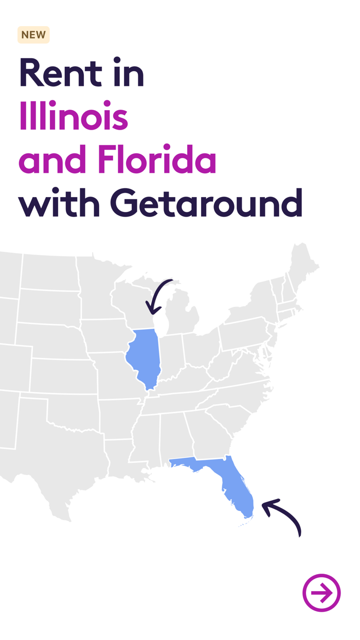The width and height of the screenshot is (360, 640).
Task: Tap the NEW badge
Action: point(33,35)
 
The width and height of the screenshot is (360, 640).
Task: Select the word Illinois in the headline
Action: point(73,116)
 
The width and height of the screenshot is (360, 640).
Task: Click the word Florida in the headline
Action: point(157,160)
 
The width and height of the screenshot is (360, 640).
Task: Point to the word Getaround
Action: point(206,203)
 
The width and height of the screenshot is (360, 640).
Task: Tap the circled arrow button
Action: point(321,593)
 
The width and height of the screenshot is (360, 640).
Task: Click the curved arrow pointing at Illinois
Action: point(157,296)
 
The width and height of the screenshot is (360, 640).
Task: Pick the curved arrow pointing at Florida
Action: point(283,517)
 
